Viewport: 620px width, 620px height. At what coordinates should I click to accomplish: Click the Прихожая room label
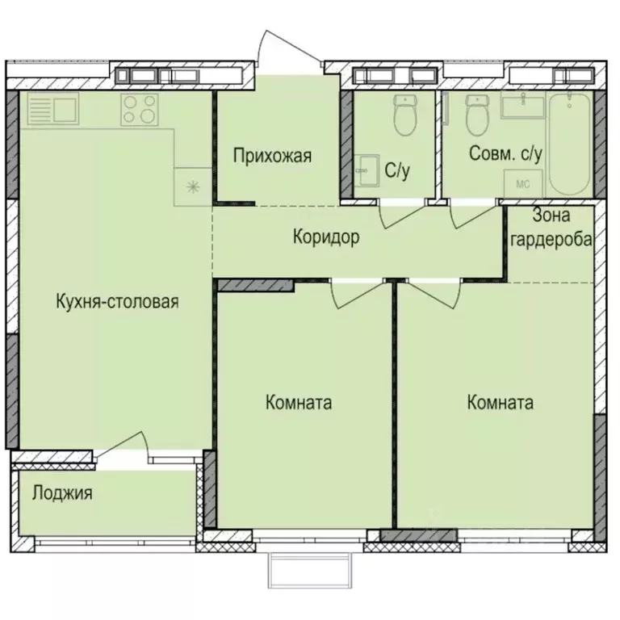(x=272, y=156)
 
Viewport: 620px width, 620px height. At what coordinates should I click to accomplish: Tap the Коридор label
(x=325, y=237)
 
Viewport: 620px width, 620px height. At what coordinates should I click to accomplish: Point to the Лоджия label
(x=62, y=492)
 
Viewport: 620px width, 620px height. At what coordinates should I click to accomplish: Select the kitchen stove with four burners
(x=139, y=110)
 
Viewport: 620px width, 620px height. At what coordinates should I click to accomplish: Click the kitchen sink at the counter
(x=52, y=109)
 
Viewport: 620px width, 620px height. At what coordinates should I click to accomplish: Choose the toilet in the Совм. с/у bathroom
(x=478, y=117)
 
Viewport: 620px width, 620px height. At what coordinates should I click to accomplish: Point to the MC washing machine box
(x=522, y=183)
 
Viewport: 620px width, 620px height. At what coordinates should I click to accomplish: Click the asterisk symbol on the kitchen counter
(x=193, y=187)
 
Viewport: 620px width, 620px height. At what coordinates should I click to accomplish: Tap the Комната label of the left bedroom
(x=299, y=403)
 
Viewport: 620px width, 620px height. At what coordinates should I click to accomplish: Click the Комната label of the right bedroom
(x=500, y=403)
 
